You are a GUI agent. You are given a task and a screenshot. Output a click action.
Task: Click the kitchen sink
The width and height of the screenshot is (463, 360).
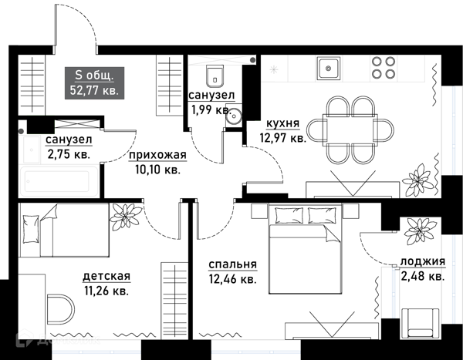(329, 69)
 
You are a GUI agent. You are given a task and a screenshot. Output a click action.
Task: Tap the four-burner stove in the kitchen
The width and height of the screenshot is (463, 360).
(384, 67)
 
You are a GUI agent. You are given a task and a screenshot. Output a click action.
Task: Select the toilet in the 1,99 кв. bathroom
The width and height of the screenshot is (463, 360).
(215, 76)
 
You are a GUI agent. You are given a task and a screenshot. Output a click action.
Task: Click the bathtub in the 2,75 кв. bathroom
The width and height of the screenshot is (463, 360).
(58, 181)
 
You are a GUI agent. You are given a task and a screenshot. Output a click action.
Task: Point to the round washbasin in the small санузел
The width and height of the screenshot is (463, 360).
(234, 116)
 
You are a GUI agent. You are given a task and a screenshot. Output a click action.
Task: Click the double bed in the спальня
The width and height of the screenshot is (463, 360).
(306, 250)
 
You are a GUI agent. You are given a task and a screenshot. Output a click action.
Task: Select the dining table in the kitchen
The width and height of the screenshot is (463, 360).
(350, 130)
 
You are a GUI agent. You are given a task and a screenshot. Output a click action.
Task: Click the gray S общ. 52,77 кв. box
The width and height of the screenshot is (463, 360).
(94, 83)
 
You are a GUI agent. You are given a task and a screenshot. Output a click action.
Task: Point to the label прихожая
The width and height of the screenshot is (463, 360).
(157, 155)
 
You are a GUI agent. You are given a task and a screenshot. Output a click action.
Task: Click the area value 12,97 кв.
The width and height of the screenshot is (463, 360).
(282, 137)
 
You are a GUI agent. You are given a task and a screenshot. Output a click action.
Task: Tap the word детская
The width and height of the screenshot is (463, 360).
(106, 276)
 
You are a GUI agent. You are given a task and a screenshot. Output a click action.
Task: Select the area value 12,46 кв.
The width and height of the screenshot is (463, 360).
(233, 279)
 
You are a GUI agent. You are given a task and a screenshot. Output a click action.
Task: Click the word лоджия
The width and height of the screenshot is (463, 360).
(423, 261)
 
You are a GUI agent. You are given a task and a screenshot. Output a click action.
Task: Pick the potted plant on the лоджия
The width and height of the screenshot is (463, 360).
(420, 230)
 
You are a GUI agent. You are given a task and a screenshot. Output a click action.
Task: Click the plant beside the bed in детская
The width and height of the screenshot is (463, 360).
(125, 217)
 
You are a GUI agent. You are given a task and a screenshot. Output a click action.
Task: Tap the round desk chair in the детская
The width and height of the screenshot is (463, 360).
(60, 309)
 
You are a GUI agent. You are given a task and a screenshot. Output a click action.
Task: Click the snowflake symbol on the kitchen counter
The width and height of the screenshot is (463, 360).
(274, 69)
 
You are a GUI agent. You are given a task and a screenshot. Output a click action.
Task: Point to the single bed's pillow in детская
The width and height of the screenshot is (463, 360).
(31, 229)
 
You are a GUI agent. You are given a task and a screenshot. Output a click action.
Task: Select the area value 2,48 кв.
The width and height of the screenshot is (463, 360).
(423, 276)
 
